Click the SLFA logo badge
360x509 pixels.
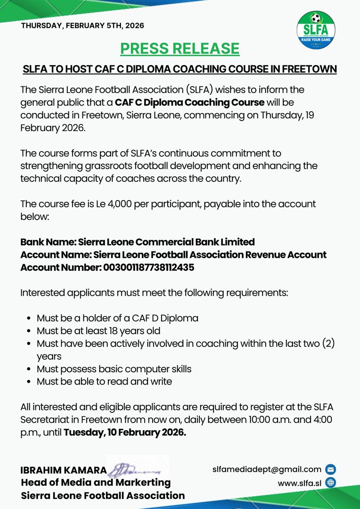[316, 30]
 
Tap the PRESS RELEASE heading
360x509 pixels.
[180, 49]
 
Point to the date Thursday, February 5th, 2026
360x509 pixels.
[82, 25]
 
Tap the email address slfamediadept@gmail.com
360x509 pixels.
[267, 469]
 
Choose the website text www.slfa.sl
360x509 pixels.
[299, 483]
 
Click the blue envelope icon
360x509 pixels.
[331, 469]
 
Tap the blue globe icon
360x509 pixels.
[331, 483]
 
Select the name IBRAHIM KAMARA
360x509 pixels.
[64, 470]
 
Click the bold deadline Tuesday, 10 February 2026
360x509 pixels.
[125, 433]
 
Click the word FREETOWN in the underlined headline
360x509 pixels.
[309, 69]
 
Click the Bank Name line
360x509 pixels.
[137, 242]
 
